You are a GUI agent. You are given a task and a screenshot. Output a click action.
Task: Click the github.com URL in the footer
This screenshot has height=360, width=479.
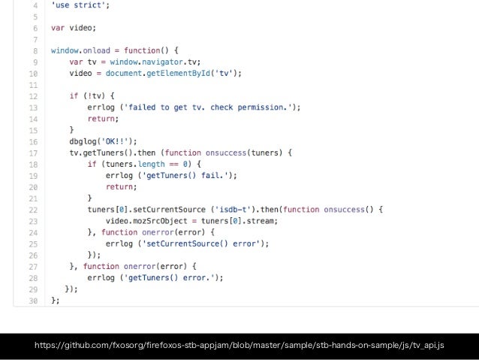239,345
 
